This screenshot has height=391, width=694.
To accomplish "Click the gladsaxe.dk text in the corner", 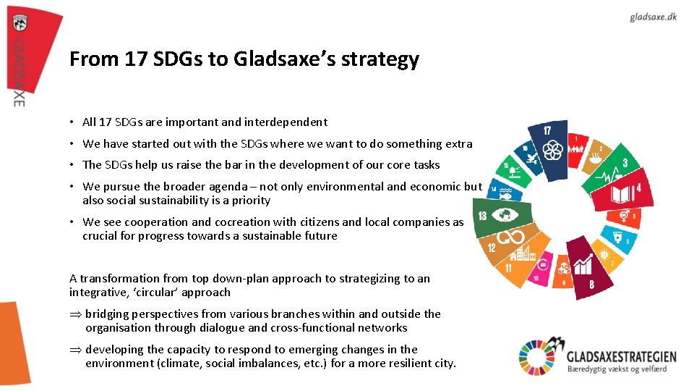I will [653, 17].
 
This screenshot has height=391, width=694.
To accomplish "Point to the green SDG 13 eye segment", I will [503, 216].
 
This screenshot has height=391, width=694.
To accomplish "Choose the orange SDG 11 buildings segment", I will [525, 261].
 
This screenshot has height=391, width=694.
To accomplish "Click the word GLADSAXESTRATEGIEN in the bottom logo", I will [621, 356].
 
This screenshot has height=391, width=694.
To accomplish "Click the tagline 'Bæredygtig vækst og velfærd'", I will [616, 369].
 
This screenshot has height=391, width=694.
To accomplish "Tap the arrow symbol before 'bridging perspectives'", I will [74, 314].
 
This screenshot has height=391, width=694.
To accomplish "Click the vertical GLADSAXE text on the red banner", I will [20, 72].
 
